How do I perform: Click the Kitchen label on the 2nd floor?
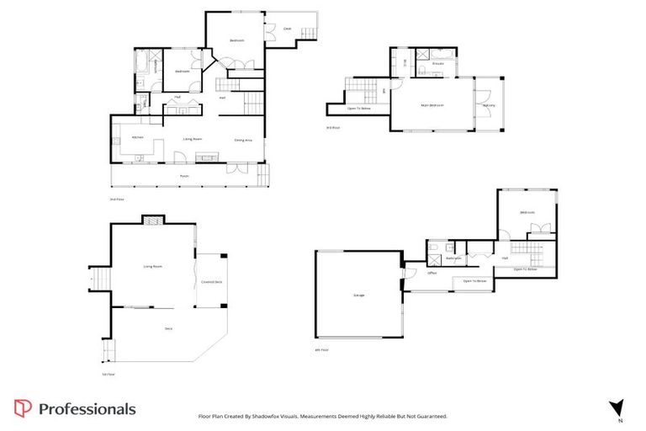[137, 137]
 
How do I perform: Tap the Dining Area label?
[243, 140]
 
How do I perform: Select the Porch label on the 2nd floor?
[184, 176]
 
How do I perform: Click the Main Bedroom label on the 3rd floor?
[432, 105]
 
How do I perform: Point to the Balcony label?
[489, 105]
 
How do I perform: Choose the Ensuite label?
[438, 63]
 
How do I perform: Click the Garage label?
[358, 295]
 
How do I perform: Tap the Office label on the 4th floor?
[432, 273]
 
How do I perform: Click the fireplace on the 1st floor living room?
[152, 222]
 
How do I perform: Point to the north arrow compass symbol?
[617, 407]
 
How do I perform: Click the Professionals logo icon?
[24, 409]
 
